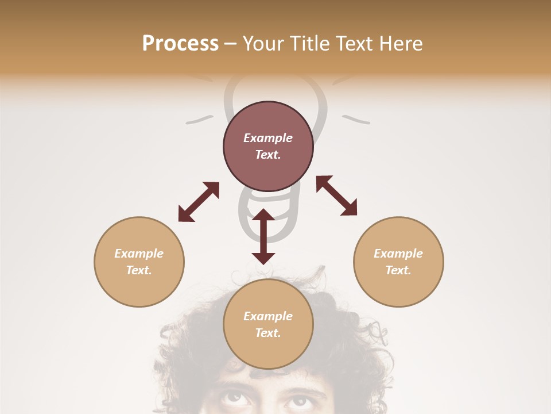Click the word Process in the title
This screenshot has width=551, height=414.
pos(180,44)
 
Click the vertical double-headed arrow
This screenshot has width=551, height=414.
pos(263,236)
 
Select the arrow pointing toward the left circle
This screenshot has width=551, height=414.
pos(199,202)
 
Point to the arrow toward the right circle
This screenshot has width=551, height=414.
pos(337,195)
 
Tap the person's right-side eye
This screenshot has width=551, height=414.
pos(298,398)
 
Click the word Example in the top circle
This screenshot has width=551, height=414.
pos(268,138)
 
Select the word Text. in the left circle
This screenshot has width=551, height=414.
pos(139,270)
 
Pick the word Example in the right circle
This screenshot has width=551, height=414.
pos(398,254)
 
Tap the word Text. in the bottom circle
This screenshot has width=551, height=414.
pos(268,333)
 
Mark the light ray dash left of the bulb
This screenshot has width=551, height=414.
pos(199,120)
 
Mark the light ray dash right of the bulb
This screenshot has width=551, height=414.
pos(356,120)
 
